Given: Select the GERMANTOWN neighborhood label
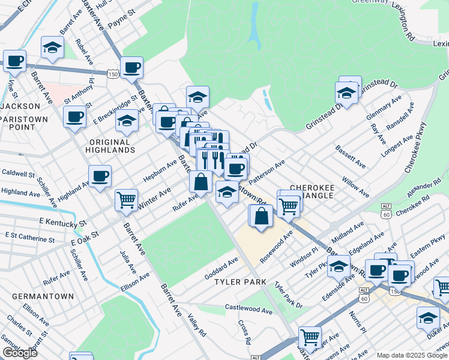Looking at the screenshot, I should tap(46, 296).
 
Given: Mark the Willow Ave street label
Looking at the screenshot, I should tap(355, 186).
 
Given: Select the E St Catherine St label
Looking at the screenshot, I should tap(29, 238).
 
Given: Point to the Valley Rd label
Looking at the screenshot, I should tap(197, 325).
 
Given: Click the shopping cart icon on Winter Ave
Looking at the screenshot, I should tap(126, 199).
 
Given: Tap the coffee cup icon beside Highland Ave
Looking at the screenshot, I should tap(100, 176).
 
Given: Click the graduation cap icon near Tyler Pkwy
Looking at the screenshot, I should tap(339, 265).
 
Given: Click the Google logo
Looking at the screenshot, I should tap(20, 353).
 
